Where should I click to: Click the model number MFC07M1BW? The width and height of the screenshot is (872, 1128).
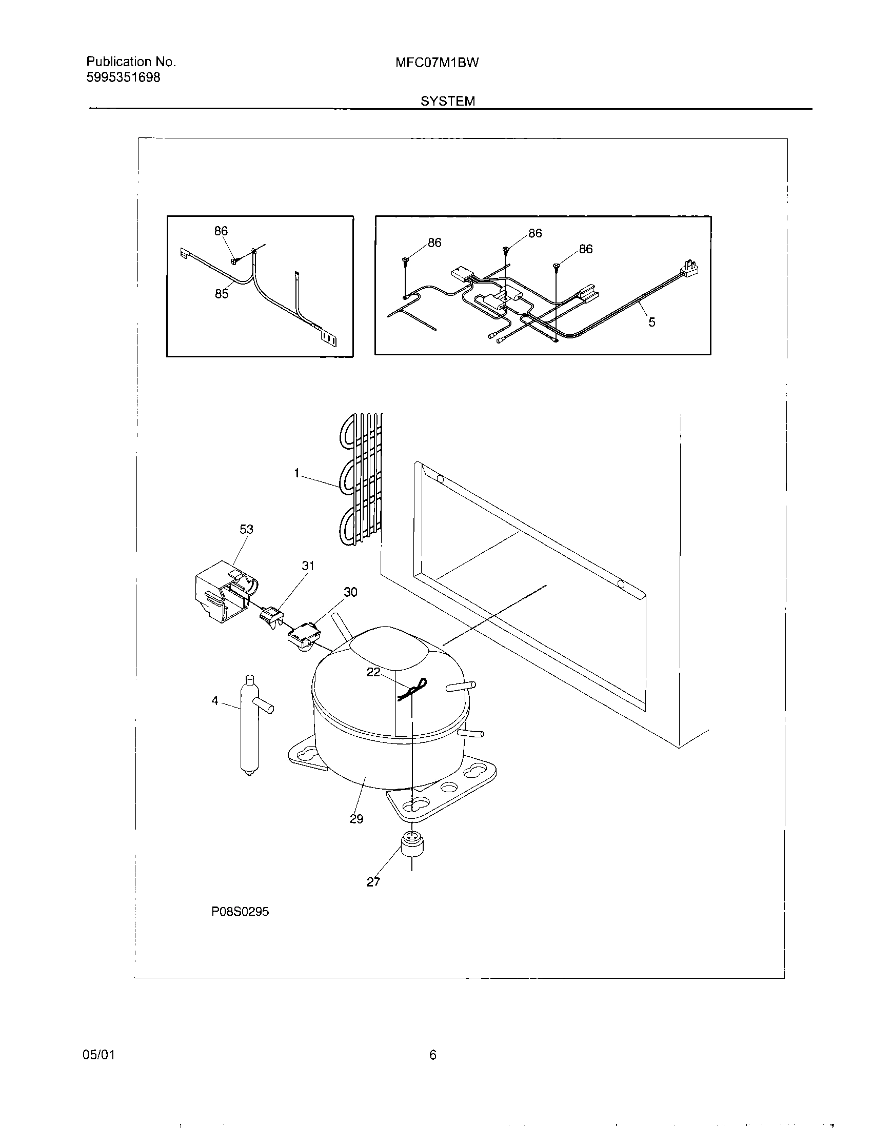coord(437,63)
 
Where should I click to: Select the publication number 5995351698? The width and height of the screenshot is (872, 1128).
coord(123,77)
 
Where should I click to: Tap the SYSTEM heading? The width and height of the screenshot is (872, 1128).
coord(447,101)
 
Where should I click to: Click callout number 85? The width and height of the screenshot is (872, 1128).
coord(222,294)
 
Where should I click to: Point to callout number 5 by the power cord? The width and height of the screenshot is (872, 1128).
coord(652,323)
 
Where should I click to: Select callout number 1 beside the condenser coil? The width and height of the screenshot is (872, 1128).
coord(297,473)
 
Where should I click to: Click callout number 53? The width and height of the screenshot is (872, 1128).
coord(246,530)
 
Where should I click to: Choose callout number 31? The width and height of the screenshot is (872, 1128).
coord(308,566)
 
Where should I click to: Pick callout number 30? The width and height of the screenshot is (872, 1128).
coord(350,592)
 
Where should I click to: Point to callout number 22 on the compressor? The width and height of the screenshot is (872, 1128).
coord(373,672)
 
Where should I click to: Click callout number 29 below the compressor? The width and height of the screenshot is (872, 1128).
coord(356,819)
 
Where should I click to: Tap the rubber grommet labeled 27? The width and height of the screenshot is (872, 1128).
coord(411,847)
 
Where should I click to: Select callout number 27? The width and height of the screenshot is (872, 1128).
coord(373,882)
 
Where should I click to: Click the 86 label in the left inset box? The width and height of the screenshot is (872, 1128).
coord(221,231)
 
